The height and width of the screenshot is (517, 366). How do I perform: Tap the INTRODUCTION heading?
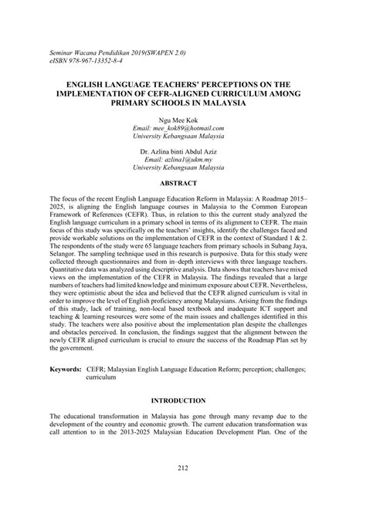click(x=183, y=401)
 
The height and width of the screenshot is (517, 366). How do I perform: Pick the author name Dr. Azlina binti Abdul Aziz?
click(x=183, y=149)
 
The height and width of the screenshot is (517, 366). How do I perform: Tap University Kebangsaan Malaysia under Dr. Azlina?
click(x=183, y=167)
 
